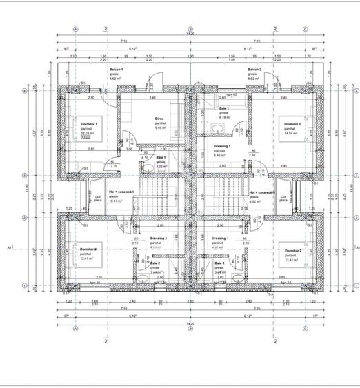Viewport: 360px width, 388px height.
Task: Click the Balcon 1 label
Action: coord(116,70)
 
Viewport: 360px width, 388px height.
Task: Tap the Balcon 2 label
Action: coord(254,70)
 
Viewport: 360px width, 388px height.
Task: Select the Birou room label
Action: coord(159,119)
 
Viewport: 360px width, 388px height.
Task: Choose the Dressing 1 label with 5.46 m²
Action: coord(221,147)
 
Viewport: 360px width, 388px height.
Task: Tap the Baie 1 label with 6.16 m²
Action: coord(224,109)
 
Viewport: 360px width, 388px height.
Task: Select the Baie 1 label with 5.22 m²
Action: coord(160,158)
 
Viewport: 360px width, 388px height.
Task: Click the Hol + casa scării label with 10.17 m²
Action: coord(119,193)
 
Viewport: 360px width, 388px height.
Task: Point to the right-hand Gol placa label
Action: coord(282,198)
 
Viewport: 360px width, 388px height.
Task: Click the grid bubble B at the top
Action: coord(190,30)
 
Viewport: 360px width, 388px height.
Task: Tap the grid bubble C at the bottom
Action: coord(305,329)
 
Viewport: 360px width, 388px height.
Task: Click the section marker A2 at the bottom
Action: coord(106,339)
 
